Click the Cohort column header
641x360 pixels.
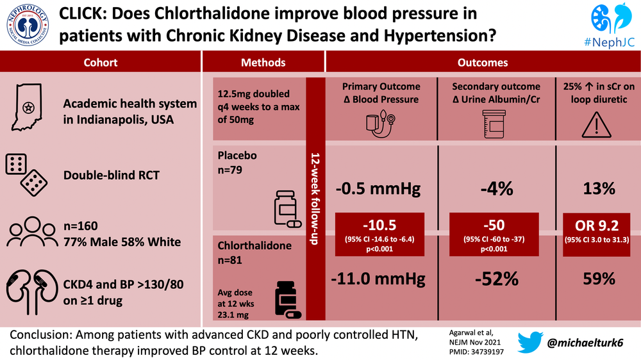pyautogui.click(x=100, y=63)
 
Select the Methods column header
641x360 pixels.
pyautogui.click(x=263, y=63)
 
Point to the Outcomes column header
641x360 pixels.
pyautogui.click(x=482, y=63)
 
